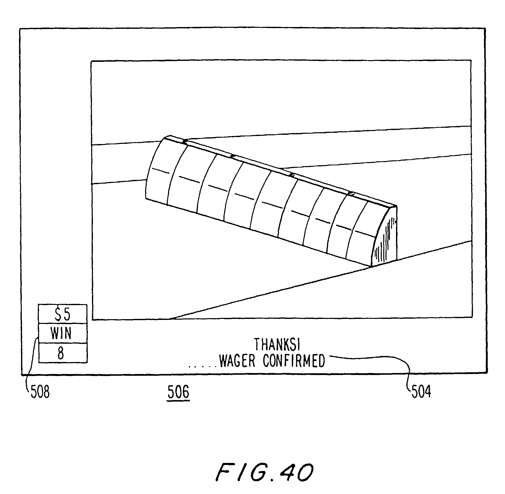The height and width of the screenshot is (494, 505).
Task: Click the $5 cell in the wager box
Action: coord(63,314)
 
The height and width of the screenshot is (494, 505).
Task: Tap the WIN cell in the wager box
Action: coord(63,333)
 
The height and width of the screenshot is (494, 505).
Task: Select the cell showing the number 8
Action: coord(63,353)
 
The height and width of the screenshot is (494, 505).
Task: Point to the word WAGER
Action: coord(237,361)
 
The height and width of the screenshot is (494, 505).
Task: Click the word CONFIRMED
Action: coord(294,361)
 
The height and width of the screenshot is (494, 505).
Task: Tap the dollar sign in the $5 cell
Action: coord(58,314)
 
